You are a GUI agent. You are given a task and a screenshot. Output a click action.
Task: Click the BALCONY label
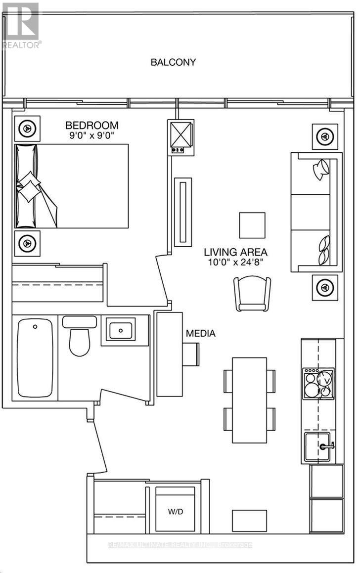click(x=173, y=62)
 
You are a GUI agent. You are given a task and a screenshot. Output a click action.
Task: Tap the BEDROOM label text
click(x=92, y=126)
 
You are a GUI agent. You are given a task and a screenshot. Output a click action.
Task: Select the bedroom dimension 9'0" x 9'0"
click(x=92, y=135)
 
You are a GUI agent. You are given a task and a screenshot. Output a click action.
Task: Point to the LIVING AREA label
click(x=235, y=252)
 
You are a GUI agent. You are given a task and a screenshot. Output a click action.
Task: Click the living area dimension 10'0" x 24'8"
click(x=235, y=262)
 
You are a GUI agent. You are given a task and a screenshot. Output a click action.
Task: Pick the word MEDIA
click(x=201, y=333)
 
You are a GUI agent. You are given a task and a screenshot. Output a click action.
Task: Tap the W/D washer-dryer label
click(x=176, y=512)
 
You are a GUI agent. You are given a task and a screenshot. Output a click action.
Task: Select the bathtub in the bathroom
click(x=35, y=358)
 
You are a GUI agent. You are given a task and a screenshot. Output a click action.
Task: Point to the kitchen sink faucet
click(x=327, y=446)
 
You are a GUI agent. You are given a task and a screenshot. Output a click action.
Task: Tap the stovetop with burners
click(x=318, y=383)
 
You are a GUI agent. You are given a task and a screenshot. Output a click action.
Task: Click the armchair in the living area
click(x=252, y=294)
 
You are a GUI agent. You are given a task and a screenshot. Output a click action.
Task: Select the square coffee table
click(x=252, y=225)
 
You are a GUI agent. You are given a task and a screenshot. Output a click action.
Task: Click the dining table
click(x=249, y=400)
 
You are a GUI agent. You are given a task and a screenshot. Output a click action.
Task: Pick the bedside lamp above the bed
click(x=27, y=129)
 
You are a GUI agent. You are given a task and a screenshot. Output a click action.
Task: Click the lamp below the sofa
click(x=325, y=288)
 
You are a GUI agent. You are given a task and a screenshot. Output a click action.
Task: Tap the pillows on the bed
click(x=29, y=187)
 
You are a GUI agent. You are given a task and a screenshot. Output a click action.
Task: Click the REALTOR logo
click(x=21, y=25)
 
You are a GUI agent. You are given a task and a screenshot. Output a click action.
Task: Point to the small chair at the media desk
click(x=191, y=354)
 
